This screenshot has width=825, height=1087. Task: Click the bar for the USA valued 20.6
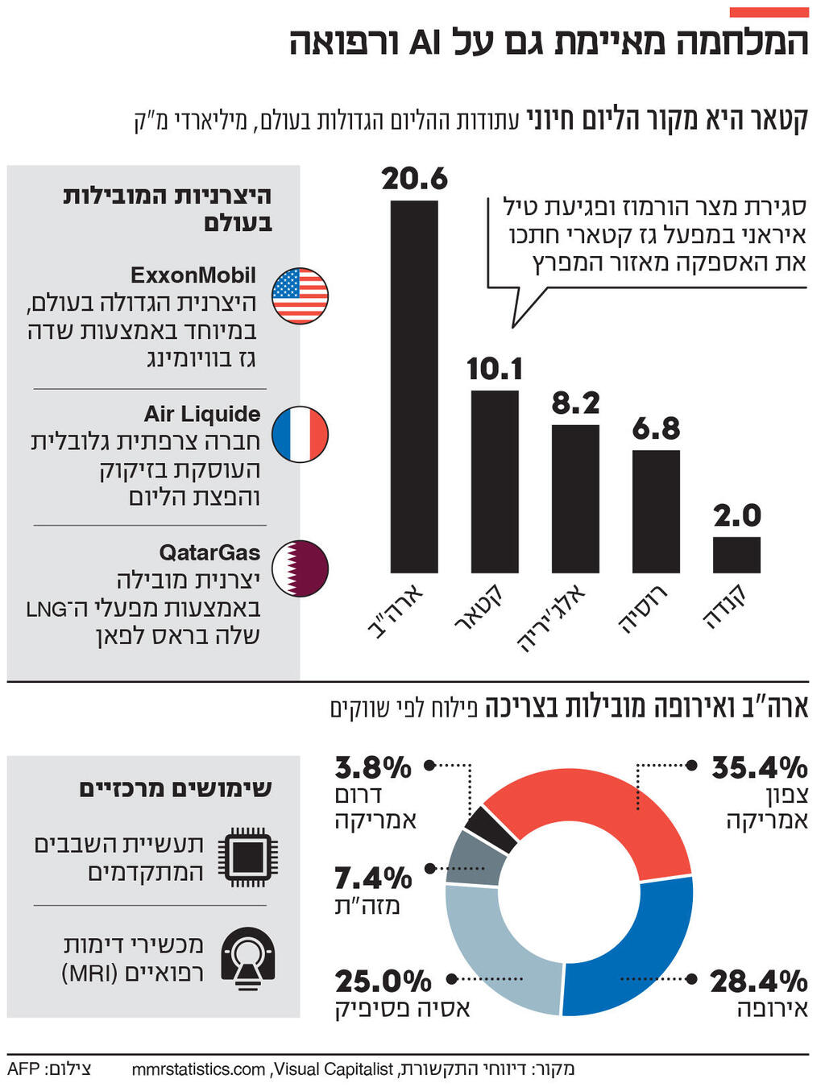tap(414, 386)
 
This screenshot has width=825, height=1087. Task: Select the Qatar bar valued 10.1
tap(495, 482)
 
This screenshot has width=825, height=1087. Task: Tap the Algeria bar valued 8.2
tap(575, 498)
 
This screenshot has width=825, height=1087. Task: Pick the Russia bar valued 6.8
tap(656, 511)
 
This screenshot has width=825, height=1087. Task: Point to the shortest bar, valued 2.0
tap(736, 555)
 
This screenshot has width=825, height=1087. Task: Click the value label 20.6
tap(414, 179)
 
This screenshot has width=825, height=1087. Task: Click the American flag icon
tap(300, 296)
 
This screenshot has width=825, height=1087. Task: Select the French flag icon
tap(300, 434)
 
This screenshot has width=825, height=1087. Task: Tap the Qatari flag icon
tap(300, 568)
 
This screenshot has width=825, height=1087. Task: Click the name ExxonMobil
tap(193, 275)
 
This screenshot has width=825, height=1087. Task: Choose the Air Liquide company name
tap(202, 414)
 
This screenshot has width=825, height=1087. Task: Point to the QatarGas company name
tap(209, 552)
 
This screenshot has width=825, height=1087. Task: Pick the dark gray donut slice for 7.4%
tap(475, 858)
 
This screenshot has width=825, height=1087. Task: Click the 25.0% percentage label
tap(383, 982)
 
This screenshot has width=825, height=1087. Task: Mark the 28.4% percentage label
tap(758, 982)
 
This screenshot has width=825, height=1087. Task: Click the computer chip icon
tap(247, 857)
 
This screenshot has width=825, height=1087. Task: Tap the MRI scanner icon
tap(247, 957)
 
